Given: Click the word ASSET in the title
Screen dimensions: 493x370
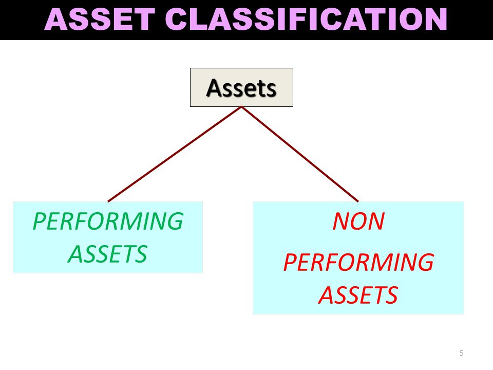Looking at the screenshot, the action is pyautogui.click(x=100, y=19).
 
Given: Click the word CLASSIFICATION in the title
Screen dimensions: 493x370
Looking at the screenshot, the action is pyautogui.click(x=306, y=19).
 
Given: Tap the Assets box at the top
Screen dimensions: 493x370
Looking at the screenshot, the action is pyautogui.click(x=241, y=87).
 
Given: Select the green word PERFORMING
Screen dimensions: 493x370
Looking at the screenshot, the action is pyautogui.click(x=108, y=221).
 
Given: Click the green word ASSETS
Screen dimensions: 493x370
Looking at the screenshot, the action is pyautogui.click(x=108, y=254).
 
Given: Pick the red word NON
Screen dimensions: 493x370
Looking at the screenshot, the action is pyautogui.click(x=358, y=221).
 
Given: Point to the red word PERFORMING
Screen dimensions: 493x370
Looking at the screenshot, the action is pyautogui.click(x=358, y=262).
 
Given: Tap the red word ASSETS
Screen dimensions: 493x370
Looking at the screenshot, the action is pyautogui.click(x=358, y=295).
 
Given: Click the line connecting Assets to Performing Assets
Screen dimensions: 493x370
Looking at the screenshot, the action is pyautogui.click(x=175, y=154).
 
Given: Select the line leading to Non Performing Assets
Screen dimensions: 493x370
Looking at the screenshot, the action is pyautogui.click(x=299, y=154).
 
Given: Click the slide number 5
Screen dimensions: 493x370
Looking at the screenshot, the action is pyautogui.click(x=462, y=353).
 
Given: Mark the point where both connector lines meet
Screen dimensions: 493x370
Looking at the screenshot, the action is pyautogui.click(x=241, y=107).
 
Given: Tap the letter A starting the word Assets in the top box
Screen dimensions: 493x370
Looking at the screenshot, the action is pyautogui.click(x=215, y=88).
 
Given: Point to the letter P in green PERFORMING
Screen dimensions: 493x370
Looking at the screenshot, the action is pyautogui.click(x=40, y=221).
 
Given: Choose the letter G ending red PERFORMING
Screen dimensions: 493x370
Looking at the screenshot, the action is pyautogui.click(x=425, y=262).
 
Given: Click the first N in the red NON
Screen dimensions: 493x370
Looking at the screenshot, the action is pyautogui.click(x=340, y=221).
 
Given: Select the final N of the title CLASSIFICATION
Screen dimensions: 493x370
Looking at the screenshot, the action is pyautogui.click(x=436, y=19).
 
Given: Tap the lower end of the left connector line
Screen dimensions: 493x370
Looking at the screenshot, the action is pyautogui.click(x=108, y=201).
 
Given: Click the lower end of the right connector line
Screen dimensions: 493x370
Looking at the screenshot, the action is pyautogui.click(x=358, y=201).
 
